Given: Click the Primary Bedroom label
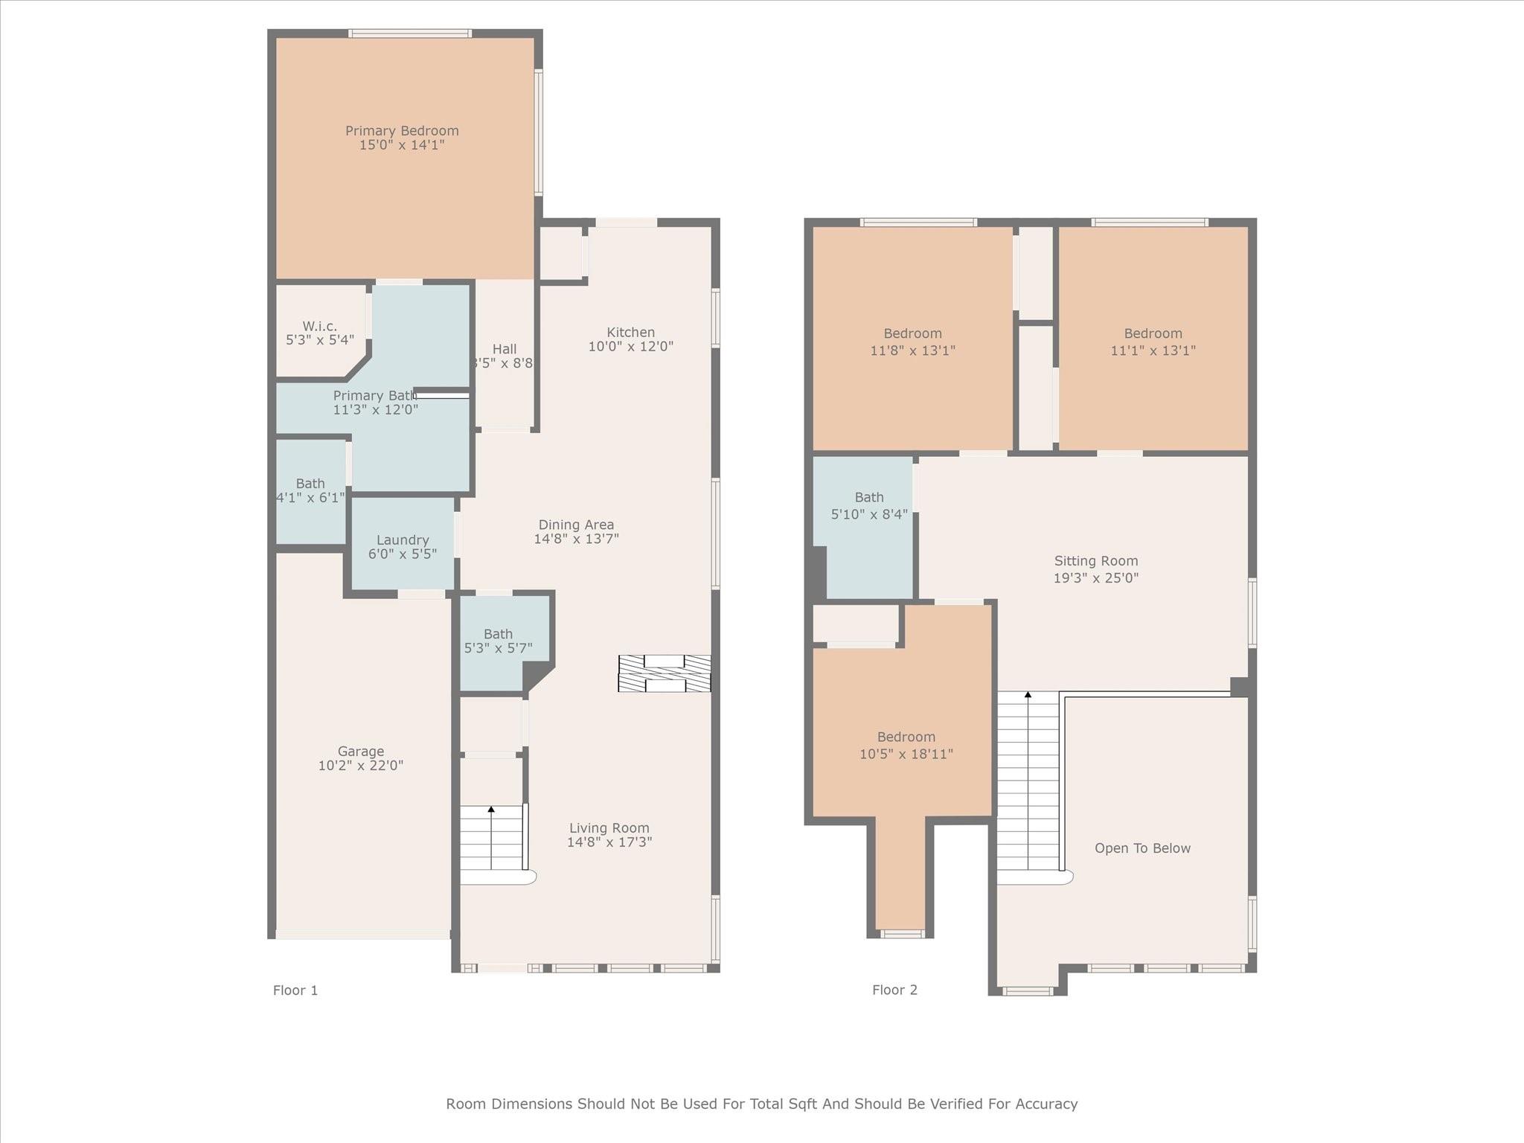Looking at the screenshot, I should click(402, 131).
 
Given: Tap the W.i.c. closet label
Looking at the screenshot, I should click(319, 327).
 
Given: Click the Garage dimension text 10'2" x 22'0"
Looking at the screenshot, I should click(361, 766).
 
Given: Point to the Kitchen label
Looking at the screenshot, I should click(630, 333).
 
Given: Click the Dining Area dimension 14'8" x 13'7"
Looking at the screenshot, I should click(576, 539).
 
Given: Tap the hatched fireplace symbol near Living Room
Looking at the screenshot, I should click(664, 673).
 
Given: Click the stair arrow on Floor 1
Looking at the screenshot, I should click(491, 810).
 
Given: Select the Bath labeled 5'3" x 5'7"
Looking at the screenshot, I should click(498, 640).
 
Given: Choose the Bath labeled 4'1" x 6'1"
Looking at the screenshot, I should click(310, 490).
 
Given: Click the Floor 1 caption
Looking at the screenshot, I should click(295, 990).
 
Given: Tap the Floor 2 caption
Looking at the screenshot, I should click(894, 990).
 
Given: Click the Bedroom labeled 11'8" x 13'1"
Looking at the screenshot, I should click(912, 341).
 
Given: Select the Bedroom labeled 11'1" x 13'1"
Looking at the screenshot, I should click(1153, 341).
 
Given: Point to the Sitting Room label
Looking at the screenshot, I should click(1095, 561).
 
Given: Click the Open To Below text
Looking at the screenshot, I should click(1142, 848).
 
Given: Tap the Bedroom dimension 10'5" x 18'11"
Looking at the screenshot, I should click(906, 754).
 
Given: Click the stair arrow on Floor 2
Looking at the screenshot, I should click(1028, 696).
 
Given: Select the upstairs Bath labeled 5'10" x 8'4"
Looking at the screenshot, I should click(868, 505).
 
